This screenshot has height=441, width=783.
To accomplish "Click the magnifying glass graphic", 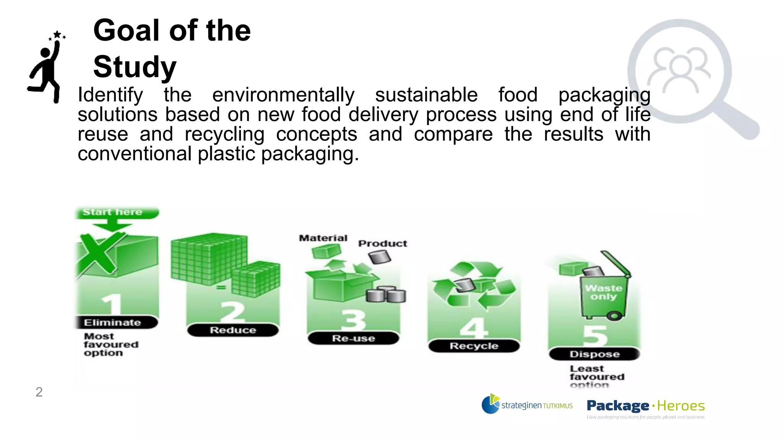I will [x=688, y=77].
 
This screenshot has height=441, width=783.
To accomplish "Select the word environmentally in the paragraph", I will [x=283, y=95].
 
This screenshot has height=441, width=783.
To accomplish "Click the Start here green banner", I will [x=115, y=212].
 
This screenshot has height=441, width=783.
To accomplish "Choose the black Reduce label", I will [x=233, y=330].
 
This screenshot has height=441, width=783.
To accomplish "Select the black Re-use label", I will [x=353, y=338].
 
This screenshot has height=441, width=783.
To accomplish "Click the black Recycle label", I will [x=474, y=346].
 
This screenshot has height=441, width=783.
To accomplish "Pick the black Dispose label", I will [x=594, y=354].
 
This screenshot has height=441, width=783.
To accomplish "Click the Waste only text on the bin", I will [x=603, y=292].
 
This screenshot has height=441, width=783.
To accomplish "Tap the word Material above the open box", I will [x=323, y=238].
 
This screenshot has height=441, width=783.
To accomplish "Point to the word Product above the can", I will [x=382, y=243].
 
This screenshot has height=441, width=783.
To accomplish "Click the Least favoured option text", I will [x=596, y=377].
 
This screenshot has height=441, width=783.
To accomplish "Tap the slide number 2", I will [x=39, y=392].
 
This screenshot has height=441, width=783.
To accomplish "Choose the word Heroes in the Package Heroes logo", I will [x=681, y=406].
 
